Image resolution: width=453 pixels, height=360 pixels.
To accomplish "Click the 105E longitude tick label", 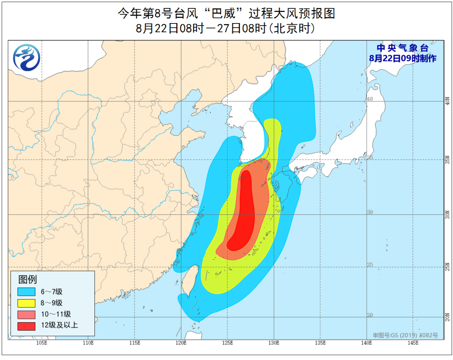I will click(41, 343).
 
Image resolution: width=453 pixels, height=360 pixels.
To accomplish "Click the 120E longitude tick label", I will click(181, 343).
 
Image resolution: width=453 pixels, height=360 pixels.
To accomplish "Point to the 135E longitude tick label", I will click(320, 343).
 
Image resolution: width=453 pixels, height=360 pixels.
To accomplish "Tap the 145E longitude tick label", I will click(413, 343).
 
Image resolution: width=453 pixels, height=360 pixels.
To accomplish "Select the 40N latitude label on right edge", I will click(448, 101).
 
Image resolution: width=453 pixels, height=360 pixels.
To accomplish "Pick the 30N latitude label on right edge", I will click(448, 214).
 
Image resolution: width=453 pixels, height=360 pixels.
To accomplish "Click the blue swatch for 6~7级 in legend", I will click(26, 292).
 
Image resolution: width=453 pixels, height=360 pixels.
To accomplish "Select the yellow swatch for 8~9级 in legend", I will click(26, 303).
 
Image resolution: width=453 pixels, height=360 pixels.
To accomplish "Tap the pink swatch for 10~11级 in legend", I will click(26, 314).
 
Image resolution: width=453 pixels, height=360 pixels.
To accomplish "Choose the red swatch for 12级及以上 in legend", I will click(26, 326).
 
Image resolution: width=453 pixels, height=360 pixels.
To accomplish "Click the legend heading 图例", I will click(27, 279).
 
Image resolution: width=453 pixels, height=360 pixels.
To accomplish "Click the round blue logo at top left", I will click(26, 57).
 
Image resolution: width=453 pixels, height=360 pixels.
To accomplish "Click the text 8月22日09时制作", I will click(402, 59).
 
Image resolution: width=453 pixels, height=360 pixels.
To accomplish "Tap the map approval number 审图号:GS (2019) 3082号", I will click(405, 335).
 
